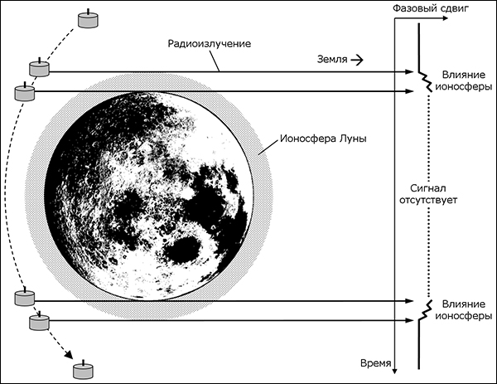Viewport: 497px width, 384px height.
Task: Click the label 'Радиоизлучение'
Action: point(210,43)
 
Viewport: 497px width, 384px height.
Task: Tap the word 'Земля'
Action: point(332,60)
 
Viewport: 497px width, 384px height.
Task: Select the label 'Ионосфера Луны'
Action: point(323,139)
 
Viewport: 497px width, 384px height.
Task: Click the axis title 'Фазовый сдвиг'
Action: point(431,8)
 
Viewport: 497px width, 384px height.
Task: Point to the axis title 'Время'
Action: point(376,363)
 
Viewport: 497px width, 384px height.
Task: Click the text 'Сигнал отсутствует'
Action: point(428,194)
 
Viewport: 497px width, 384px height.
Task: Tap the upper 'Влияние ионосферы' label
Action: point(464,80)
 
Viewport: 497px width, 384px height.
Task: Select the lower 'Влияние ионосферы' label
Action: point(464,310)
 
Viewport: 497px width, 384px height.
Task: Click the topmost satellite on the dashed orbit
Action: point(88,19)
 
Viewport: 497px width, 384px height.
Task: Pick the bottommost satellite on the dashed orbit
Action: point(84,370)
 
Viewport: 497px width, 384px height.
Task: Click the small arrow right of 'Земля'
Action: point(357,60)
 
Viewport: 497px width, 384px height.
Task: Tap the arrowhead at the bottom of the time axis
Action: point(394,371)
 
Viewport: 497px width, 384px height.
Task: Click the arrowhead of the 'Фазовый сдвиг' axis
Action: point(445,18)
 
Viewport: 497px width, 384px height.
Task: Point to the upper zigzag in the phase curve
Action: point(425,81)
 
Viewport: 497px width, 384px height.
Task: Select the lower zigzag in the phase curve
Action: point(425,311)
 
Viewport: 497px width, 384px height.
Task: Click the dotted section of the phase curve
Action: point(428,196)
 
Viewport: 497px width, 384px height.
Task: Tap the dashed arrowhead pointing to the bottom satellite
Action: point(68,355)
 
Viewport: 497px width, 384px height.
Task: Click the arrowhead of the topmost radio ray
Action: point(411,72)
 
